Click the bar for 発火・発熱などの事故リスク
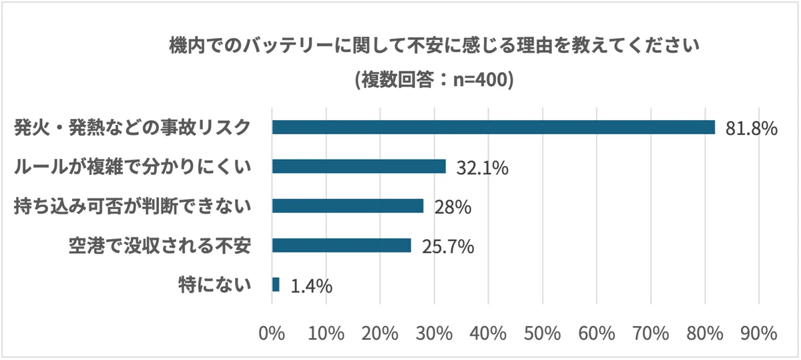[493, 127]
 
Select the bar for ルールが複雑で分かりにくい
[358, 166]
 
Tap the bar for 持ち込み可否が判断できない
[348, 206]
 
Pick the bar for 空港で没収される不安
[341, 245]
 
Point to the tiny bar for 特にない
[276, 285]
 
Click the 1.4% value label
[311, 286]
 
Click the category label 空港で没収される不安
[160, 246]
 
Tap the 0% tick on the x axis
[272, 333]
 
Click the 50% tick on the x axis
[542, 333]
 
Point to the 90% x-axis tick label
[758, 333]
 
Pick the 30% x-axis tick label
[434, 333]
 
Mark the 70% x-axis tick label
[650, 333]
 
